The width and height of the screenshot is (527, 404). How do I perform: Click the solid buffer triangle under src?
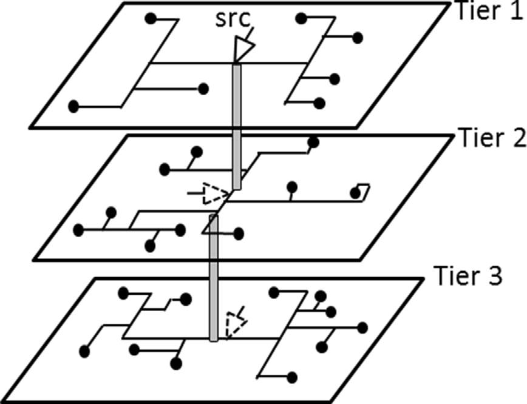click(x=243, y=50)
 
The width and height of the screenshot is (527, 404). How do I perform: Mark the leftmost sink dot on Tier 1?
click(x=73, y=107)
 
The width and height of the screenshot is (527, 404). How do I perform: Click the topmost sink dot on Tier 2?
click(x=313, y=143)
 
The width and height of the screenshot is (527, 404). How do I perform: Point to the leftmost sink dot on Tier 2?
click(x=78, y=230)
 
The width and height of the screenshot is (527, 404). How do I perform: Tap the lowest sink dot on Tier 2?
click(x=150, y=245)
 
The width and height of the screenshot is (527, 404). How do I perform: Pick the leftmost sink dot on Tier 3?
click(x=84, y=351)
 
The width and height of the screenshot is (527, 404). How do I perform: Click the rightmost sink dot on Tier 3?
click(x=362, y=328)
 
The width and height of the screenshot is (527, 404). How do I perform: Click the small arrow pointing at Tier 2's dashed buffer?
click(x=194, y=194)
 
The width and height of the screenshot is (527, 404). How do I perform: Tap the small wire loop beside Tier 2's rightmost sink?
click(x=365, y=189)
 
